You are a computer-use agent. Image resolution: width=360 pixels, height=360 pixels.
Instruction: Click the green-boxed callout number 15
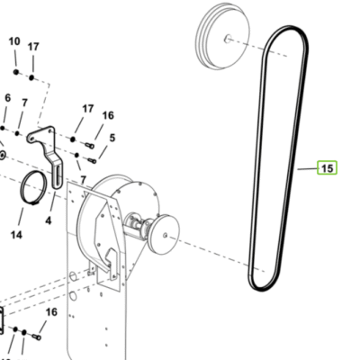[328, 167]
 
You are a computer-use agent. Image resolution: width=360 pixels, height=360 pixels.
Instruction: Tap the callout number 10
[14, 41]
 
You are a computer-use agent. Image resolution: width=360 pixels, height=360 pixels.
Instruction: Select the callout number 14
[16, 235]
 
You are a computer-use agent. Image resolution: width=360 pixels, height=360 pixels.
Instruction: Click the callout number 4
[49, 221]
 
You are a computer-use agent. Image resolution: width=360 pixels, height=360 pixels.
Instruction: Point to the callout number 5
[112, 138]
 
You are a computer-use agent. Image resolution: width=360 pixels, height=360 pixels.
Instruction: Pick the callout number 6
[8, 98]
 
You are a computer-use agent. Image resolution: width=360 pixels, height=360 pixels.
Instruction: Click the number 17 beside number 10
[33, 47]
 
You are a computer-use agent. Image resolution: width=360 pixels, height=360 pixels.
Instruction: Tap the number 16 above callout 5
[108, 115]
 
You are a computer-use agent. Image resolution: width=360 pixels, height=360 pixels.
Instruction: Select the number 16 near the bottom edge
[51, 312]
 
